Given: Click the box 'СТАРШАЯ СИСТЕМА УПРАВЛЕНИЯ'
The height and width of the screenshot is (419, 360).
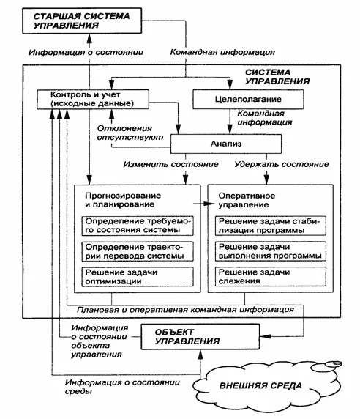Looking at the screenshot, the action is pos(82,21).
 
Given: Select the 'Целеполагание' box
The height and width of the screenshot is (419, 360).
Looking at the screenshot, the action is pos(248,99).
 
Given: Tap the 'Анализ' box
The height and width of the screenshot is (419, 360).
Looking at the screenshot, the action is pos(226,144).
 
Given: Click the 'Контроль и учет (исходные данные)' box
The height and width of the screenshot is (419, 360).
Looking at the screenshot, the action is pos(93,100).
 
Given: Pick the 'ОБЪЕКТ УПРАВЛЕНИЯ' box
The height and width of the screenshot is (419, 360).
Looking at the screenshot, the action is pos(200,337).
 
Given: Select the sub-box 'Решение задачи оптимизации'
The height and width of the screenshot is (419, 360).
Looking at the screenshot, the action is pos(138,277).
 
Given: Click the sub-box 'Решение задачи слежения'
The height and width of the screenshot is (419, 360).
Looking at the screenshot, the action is pos(271,277).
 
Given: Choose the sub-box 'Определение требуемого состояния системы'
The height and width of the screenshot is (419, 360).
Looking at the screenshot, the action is pos(138,226).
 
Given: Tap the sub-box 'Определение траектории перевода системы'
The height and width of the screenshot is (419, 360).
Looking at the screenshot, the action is pos(138,251).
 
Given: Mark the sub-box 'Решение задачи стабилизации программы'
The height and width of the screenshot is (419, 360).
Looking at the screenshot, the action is pos(271,226).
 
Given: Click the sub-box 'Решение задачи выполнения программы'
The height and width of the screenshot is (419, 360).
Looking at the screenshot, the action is pos(271,251).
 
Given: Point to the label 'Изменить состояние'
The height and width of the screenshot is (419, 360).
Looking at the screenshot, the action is pos(170,164).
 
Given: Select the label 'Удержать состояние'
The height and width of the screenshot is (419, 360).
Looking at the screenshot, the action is pos(282,164).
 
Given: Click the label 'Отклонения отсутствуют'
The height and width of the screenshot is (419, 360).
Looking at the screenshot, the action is pos(130,133).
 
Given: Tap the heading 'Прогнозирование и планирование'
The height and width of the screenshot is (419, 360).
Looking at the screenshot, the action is pos(123,200).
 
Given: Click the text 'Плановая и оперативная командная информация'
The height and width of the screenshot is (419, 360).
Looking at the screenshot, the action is pos(185,310).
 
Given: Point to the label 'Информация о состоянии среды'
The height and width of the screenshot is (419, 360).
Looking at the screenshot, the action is pos(122,387).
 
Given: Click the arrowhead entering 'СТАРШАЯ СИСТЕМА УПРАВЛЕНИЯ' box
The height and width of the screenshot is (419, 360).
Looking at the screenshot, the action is pos(89,39).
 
